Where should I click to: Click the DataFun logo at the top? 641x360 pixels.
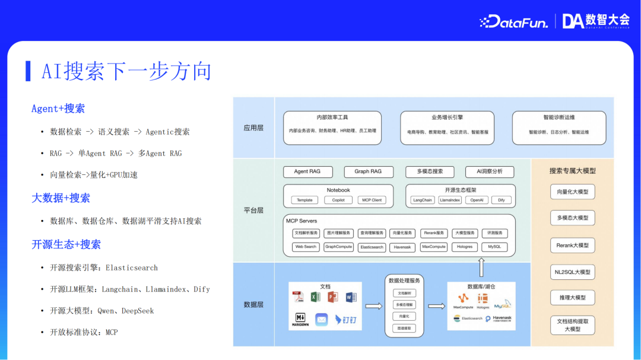tap(513, 21)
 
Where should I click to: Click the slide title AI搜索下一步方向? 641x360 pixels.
tap(126, 71)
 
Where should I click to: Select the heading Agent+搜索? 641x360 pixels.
tap(58, 109)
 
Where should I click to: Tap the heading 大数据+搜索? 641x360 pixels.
tap(61, 198)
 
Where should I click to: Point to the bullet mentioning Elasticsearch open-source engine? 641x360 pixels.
tap(104, 267)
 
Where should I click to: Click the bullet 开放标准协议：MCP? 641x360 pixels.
tap(84, 332)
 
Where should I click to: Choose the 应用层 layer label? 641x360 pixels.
tap(253, 128)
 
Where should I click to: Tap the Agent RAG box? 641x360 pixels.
tap(307, 171)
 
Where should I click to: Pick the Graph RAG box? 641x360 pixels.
tap(368, 171)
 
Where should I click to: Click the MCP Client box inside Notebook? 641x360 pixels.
tap(372, 200)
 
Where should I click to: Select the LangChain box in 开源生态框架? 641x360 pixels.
tap(423, 200)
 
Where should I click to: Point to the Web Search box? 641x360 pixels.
tap(306, 247)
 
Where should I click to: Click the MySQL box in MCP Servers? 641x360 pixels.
tap(494, 247)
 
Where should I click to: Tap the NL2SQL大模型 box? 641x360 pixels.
tap(572, 272)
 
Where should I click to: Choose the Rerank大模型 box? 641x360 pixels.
tap(572, 246)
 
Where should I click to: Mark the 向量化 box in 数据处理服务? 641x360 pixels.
tap(404, 317)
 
